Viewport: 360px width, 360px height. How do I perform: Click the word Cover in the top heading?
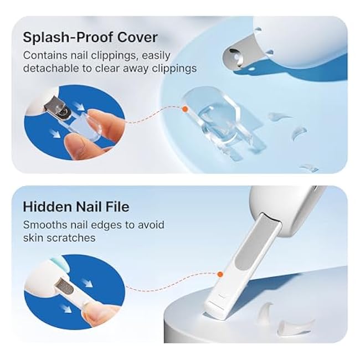click(x=138, y=38)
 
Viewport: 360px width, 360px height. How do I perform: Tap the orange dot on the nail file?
click(x=220, y=274)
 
